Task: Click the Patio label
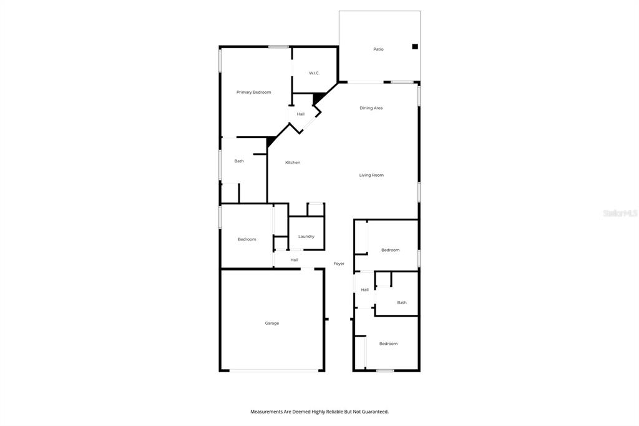[378, 49]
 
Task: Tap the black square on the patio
[415, 46]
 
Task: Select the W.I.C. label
[314, 73]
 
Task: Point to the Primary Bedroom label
[253, 92]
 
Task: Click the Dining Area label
[371, 108]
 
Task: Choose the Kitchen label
[293, 162]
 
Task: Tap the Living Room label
[371, 175]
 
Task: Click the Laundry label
[306, 237]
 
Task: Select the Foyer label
[339, 264]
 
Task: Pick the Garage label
[272, 323]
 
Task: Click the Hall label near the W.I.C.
[300, 114]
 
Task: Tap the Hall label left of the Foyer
[295, 260]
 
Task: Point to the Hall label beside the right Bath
[364, 290]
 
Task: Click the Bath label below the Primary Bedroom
[239, 161]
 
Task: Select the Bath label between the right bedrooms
[402, 303]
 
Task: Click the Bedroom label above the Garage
[247, 239]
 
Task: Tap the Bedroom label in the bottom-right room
[388, 344]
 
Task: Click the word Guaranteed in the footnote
[374, 412]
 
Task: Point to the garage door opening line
[274, 370]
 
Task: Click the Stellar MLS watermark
[620, 213]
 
